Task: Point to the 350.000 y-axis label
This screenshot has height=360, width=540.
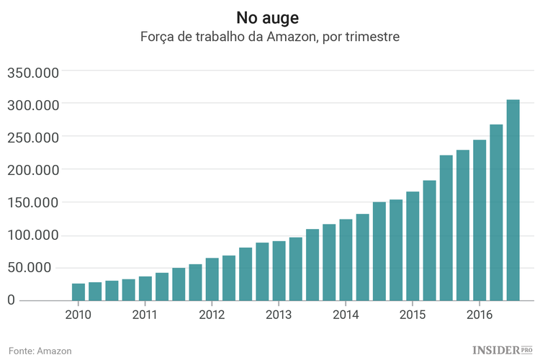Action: point(35,72)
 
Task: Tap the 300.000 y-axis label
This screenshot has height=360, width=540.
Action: point(35,104)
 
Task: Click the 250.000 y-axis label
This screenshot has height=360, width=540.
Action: point(35,137)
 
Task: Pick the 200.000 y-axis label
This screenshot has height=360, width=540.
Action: point(35,170)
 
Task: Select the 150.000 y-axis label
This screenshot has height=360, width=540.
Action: point(35,202)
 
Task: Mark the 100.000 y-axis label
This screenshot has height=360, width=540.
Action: point(35,235)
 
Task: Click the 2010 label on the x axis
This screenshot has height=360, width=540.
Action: point(78,315)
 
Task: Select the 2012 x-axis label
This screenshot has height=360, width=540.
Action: point(212,315)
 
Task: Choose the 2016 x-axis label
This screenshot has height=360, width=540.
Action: point(480,315)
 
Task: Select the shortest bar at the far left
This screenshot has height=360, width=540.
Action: point(78,292)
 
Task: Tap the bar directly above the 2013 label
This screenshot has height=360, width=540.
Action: point(279,271)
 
